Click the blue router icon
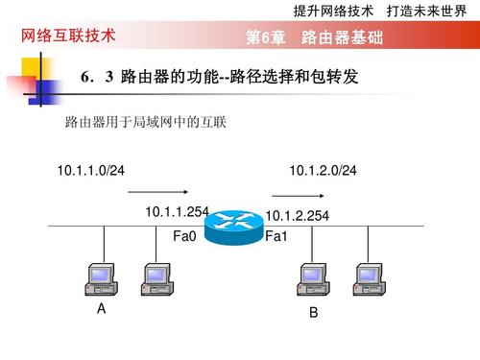233,228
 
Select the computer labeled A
101,279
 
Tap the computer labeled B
313,279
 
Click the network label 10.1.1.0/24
91,170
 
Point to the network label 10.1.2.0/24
323,170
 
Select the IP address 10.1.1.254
177,212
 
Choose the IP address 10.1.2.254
298,216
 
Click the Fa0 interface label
184,236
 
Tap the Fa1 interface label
276,236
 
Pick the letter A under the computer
101,309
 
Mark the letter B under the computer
314,312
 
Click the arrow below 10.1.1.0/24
157,192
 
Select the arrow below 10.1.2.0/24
298,196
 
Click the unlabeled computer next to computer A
157,279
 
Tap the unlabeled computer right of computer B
370,279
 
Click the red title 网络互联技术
68,36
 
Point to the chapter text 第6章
266,37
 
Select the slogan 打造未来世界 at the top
426,12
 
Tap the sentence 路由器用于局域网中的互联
146,122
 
